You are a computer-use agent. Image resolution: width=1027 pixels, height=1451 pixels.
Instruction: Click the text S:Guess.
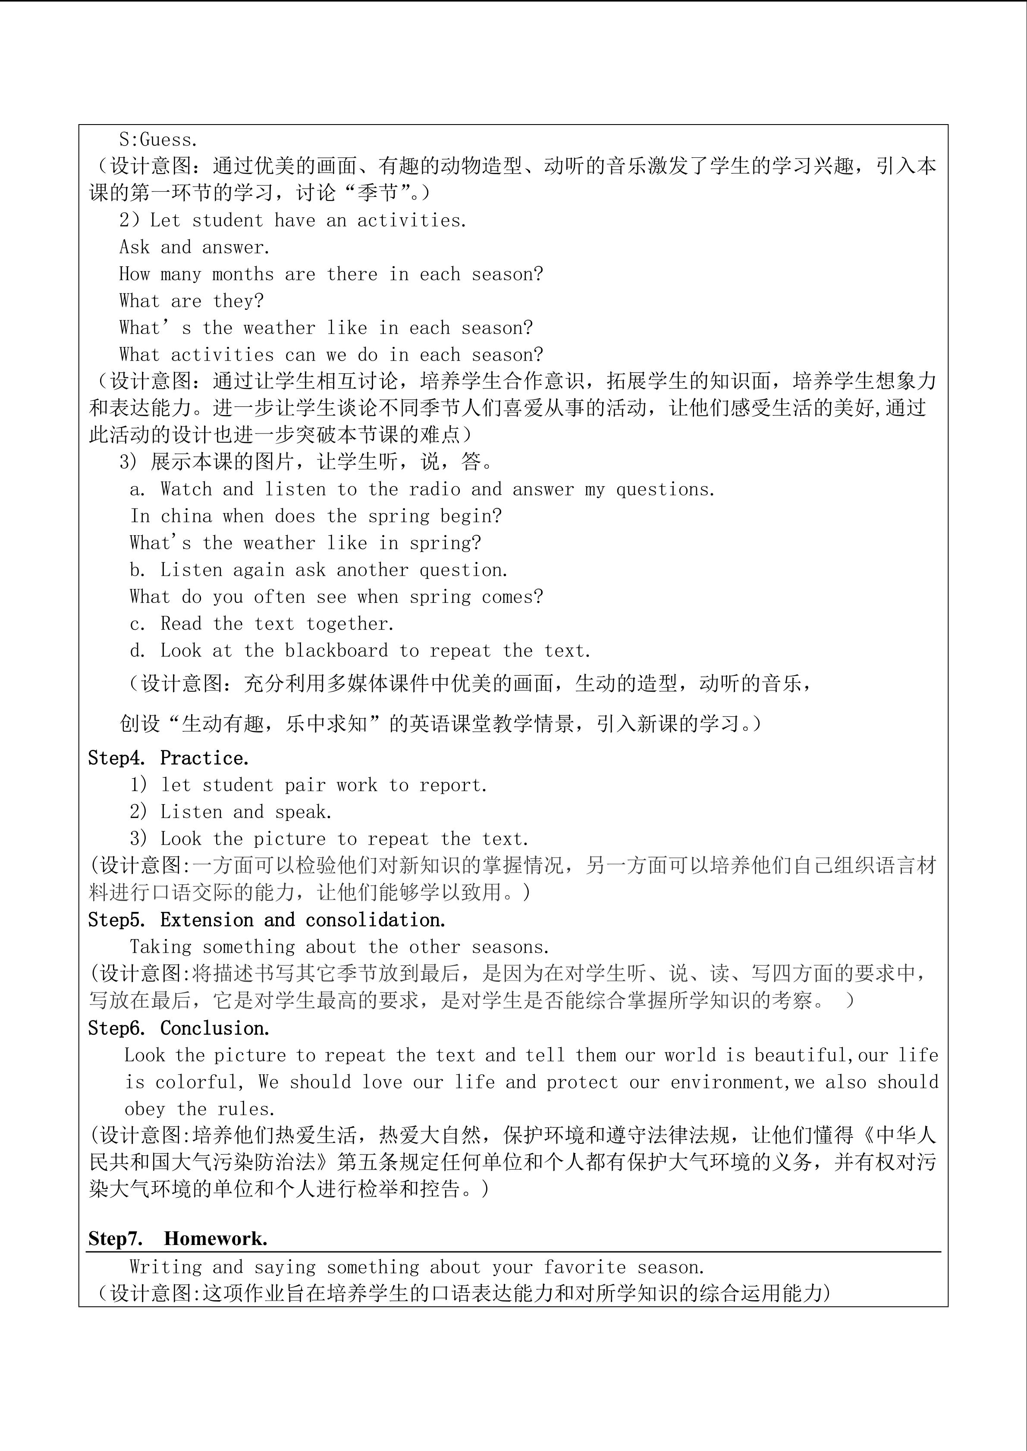[158, 140]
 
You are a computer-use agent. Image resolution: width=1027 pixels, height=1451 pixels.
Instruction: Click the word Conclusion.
[215, 1028]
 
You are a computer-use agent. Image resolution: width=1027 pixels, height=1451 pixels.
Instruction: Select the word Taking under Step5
[160, 947]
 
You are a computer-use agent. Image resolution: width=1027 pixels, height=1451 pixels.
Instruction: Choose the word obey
[145, 1109]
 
